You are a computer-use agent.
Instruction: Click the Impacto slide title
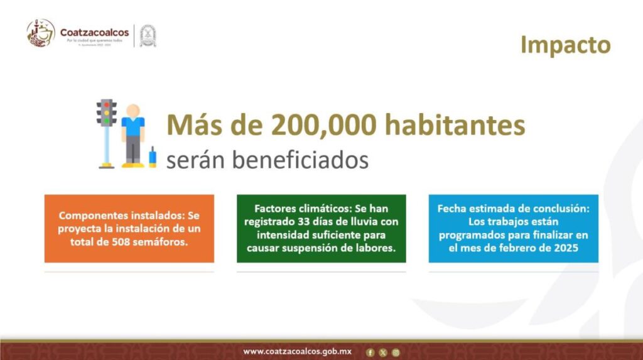point(565,45)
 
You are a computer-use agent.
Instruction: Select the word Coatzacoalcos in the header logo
point(94,32)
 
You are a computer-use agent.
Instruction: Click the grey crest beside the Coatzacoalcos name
point(148,35)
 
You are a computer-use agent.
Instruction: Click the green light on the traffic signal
point(106,121)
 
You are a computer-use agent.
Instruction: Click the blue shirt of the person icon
point(132,128)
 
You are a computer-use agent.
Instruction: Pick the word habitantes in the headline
point(455,126)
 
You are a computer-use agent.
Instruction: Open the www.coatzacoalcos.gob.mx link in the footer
point(297,351)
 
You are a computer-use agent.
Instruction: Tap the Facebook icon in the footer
point(370,352)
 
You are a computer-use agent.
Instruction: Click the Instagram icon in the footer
point(396,352)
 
